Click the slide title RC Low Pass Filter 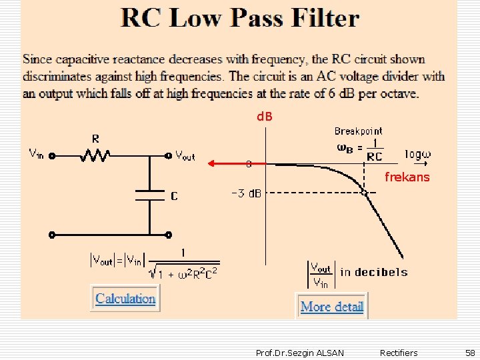pyautogui.click(x=240, y=18)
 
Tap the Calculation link pyautogui.click(x=125, y=299)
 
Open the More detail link pyautogui.click(x=332, y=307)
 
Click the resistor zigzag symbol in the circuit pyautogui.click(x=96, y=156)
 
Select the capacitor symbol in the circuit pyautogui.click(x=149, y=195)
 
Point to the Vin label pyautogui.click(x=37, y=153)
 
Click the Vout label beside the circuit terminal pyautogui.click(x=185, y=155)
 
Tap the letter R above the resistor pyautogui.click(x=96, y=139)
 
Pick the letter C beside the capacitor pyautogui.click(x=173, y=197)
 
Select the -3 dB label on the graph pyautogui.click(x=246, y=194)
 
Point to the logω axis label pyautogui.click(x=418, y=154)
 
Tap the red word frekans pyautogui.click(x=407, y=177)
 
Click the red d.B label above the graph pyautogui.click(x=265, y=117)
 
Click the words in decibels pyautogui.click(x=374, y=272)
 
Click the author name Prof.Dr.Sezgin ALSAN pyautogui.click(x=300, y=353)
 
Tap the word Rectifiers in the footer pyautogui.click(x=399, y=353)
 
